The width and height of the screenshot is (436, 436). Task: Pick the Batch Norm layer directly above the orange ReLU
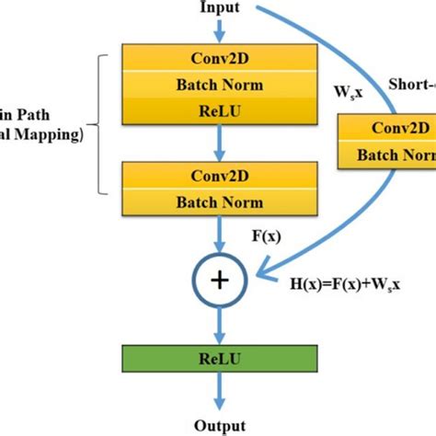[x=218, y=86]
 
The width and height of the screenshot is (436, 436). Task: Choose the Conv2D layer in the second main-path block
[x=218, y=172]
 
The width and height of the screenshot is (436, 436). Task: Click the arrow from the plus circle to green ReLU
[x=218, y=322]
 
